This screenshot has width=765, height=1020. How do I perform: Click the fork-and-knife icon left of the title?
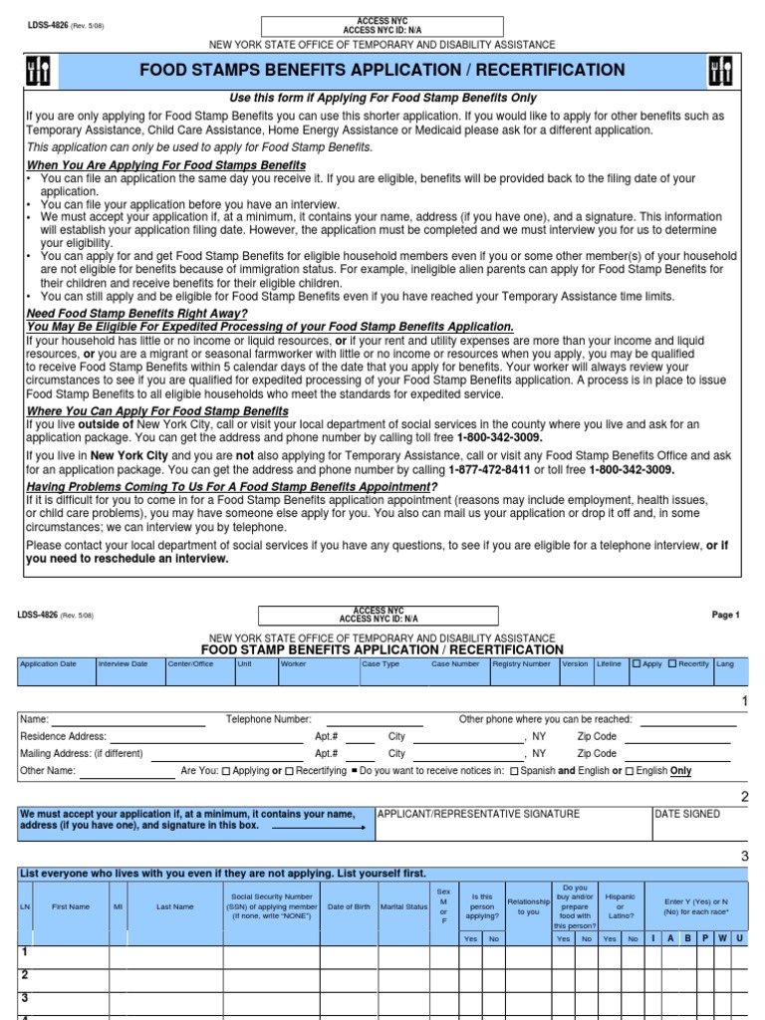click(42, 70)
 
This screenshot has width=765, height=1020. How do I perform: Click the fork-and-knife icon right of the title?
click(723, 70)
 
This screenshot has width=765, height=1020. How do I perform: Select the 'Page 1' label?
click(725, 616)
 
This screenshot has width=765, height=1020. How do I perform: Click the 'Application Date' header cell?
click(48, 663)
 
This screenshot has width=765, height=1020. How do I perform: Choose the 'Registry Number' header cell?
click(522, 663)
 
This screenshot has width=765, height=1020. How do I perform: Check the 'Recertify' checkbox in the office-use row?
click(672, 663)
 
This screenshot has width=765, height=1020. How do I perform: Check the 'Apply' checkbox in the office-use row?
click(637, 663)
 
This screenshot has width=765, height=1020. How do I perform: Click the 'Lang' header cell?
click(725, 663)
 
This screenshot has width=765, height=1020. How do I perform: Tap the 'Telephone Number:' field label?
click(268, 718)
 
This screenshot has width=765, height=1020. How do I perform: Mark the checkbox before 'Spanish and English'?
click(514, 771)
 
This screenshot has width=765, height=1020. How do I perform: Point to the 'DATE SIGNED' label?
click(687, 814)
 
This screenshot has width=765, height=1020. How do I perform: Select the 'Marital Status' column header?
click(403, 906)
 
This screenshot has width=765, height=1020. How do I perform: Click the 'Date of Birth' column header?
click(349, 906)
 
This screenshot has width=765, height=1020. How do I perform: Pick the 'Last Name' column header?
click(175, 906)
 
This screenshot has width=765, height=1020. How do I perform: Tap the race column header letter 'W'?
click(721, 938)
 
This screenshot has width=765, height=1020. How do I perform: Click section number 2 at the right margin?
click(743, 796)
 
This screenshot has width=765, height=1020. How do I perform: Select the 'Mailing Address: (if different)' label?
click(82, 754)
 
